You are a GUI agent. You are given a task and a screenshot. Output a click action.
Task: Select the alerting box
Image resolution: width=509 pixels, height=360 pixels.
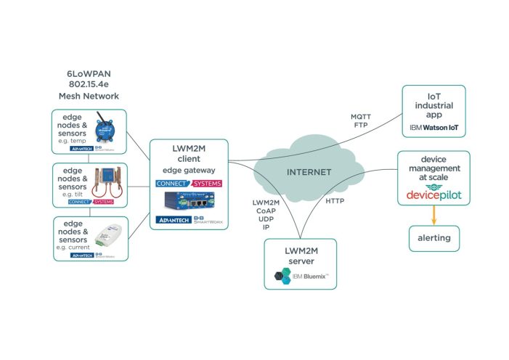(433, 237)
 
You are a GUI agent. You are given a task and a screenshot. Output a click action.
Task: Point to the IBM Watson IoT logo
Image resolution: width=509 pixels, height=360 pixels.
(433, 128)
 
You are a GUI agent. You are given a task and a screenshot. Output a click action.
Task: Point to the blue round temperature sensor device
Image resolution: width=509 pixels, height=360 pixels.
(107, 129)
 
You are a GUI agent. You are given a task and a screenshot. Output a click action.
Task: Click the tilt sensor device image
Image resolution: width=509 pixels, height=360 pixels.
(107, 181)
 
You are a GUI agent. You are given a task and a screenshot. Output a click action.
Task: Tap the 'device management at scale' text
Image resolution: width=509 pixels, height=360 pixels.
(433, 168)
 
